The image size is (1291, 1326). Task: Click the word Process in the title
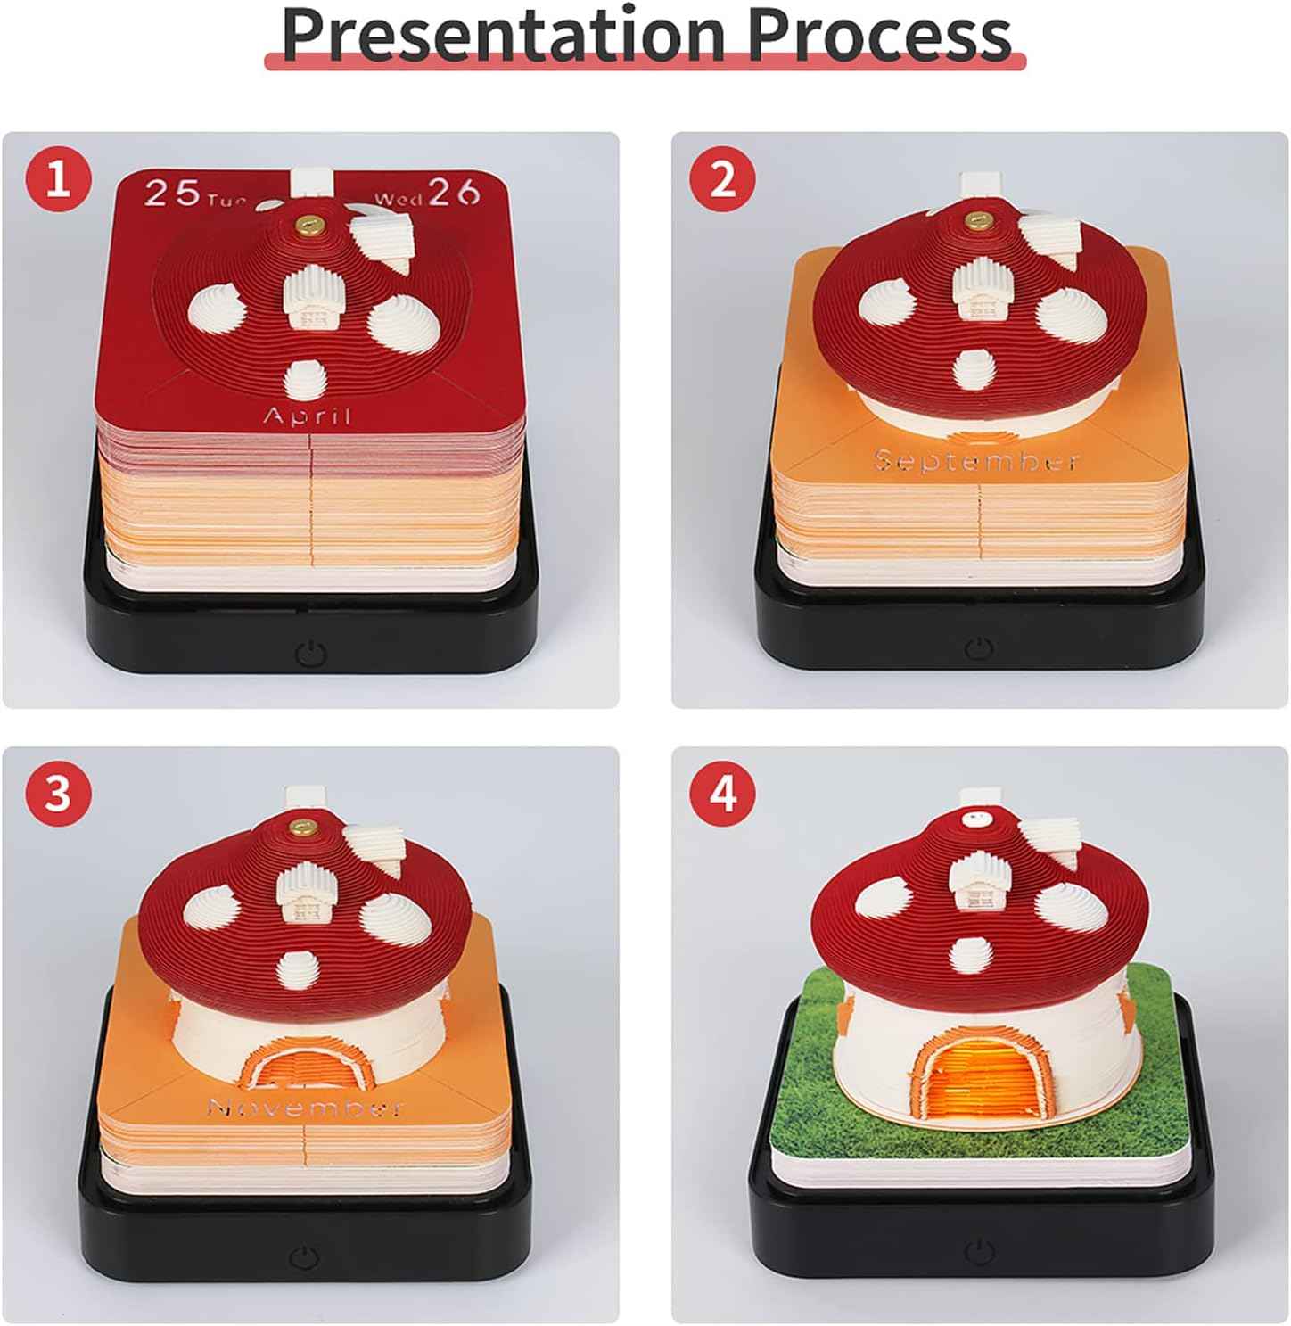click(x=879, y=34)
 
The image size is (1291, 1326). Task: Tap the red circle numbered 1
click(x=58, y=180)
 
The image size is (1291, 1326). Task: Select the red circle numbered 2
click(x=723, y=180)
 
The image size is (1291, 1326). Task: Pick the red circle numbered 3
click(x=58, y=793)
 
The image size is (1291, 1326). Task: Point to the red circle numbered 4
click(x=723, y=793)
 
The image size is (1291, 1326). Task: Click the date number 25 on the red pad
click(x=172, y=193)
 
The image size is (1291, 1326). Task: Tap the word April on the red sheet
click(x=308, y=416)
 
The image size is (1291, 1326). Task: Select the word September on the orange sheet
click(x=977, y=461)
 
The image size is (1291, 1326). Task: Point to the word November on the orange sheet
click(x=305, y=1108)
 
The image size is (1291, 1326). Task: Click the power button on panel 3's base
click(x=305, y=1258)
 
